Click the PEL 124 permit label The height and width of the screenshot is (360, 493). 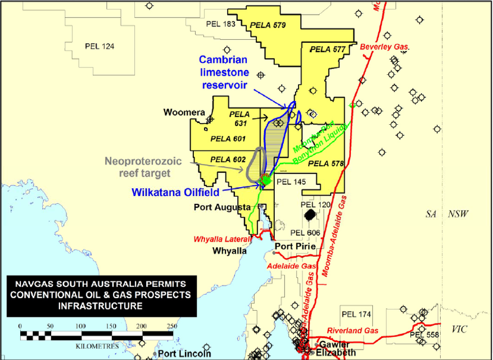pyautogui.click(x=99, y=46)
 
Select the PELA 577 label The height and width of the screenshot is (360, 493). pyautogui.click(x=327, y=49)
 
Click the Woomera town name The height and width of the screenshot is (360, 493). pyautogui.click(x=184, y=112)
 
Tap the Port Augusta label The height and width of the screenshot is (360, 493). pyautogui.click(x=221, y=207)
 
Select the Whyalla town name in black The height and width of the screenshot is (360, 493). pyautogui.click(x=229, y=251)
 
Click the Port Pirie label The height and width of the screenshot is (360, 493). pyautogui.click(x=293, y=245)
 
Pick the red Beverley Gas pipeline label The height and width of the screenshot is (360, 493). pyautogui.click(x=385, y=47)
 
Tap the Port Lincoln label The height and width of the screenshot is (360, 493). pyautogui.click(x=184, y=354)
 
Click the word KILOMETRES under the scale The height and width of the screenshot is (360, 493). pyautogui.click(x=97, y=346)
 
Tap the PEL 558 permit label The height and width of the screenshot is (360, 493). pyautogui.click(x=424, y=335)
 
